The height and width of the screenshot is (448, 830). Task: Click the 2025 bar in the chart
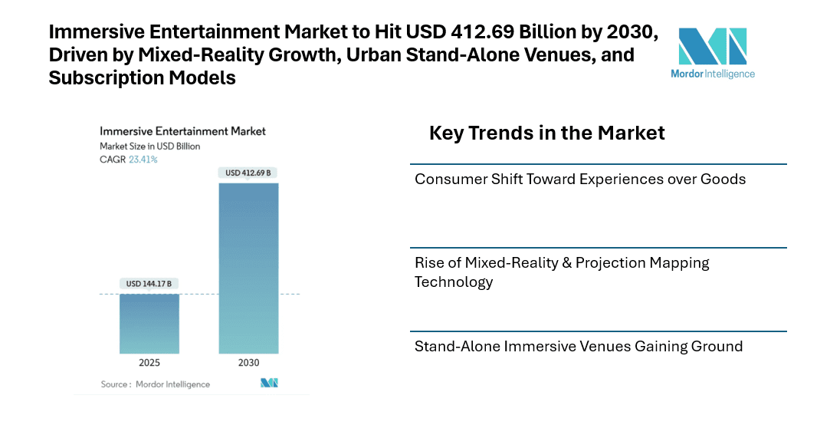click(149, 323)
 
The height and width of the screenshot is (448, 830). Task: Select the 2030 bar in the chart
click(248, 268)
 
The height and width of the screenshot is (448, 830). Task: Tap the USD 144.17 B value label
click(149, 284)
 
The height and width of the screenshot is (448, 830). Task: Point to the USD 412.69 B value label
click(248, 173)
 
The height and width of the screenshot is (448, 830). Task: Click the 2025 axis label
click(149, 363)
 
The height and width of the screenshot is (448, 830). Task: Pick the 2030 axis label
click(248, 363)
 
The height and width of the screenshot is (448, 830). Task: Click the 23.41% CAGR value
click(143, 160)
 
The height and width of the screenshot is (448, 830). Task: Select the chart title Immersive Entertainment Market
click(182, 131)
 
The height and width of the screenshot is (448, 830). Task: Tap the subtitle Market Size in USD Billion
click(149, 146)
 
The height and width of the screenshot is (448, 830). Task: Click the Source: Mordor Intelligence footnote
click(155, 384)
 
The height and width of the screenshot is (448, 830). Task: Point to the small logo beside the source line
click(269, 383)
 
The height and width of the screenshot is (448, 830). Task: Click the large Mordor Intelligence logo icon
click(713, 47)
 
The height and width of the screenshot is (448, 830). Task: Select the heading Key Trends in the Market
click(546, 133)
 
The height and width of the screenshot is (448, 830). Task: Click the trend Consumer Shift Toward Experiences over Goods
click(579, 179)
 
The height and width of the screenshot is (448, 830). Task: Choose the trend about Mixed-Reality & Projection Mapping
click(562, 272)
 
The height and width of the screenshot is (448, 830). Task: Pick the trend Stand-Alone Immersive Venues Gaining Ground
click(578, 346)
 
